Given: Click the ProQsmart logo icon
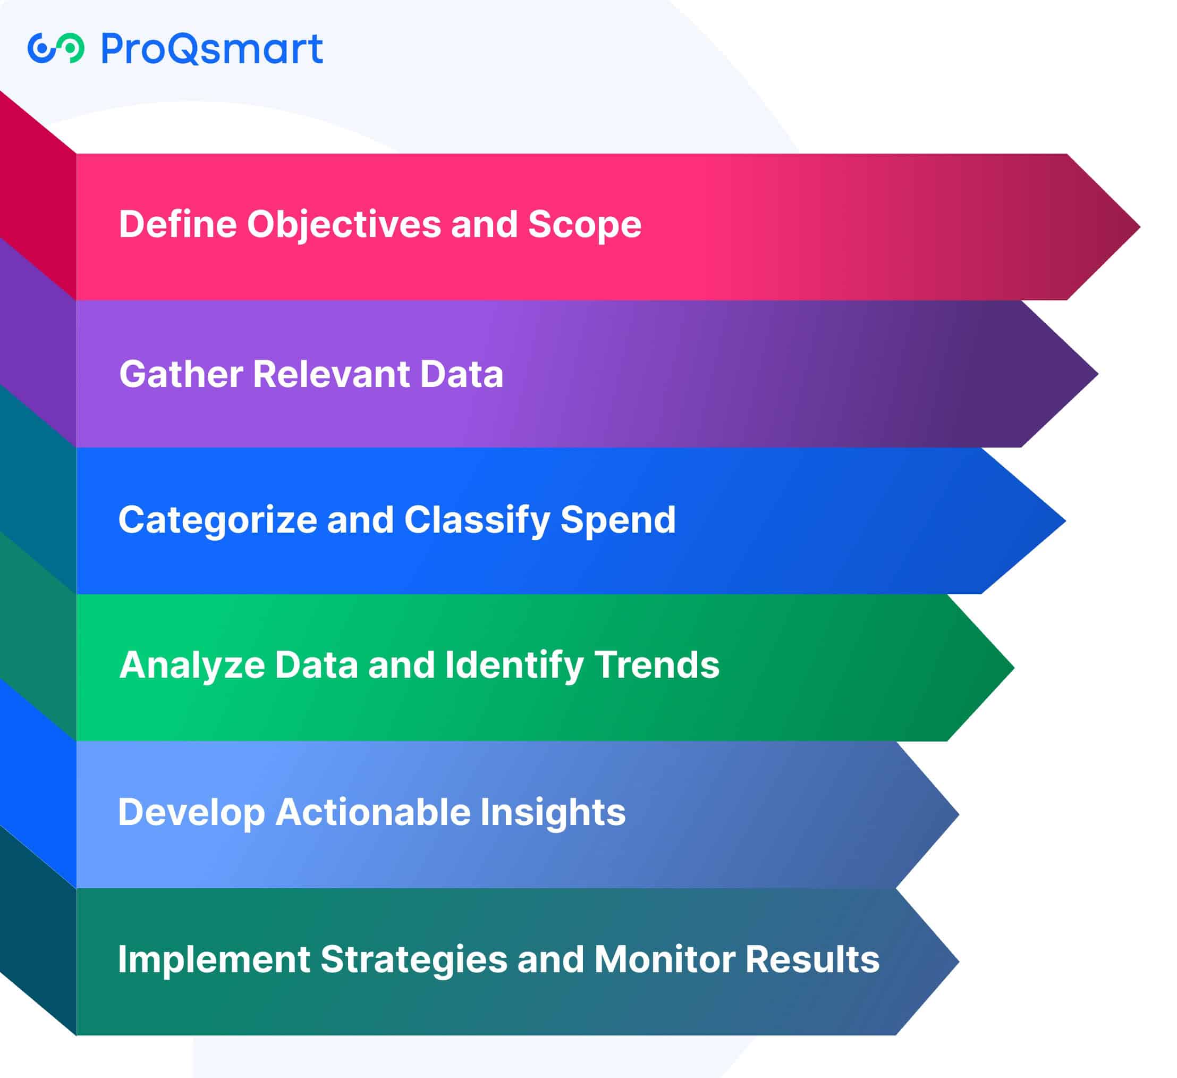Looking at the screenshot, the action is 56,48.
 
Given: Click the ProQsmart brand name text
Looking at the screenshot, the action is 212,48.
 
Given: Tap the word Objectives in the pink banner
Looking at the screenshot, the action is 344,225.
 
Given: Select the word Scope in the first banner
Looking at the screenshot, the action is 585,225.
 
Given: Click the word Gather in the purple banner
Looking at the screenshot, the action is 181,374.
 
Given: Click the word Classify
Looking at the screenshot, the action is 477,520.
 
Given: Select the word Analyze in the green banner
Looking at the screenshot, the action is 192,666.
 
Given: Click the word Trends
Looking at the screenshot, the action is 657,665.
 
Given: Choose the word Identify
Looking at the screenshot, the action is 514,666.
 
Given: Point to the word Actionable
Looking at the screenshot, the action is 373,812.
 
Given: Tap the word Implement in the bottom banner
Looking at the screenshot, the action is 214,959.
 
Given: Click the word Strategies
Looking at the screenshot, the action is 414,960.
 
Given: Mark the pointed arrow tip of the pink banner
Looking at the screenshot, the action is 1139,227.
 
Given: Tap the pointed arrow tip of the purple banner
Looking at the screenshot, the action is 1098,374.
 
